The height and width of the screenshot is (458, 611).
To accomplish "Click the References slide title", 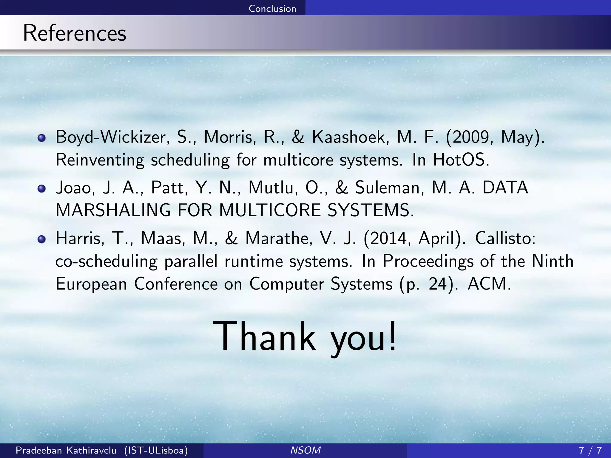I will (75, 33).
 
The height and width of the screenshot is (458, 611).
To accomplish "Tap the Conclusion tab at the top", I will (272, 8).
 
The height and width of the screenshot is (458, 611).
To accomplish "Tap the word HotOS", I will (461, 160).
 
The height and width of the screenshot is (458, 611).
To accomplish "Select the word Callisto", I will (505, 239).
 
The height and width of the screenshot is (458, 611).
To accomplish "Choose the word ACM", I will (489, 284).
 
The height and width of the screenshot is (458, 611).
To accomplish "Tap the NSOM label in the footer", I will (305, 450).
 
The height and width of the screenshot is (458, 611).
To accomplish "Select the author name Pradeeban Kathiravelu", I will (66, 450).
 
